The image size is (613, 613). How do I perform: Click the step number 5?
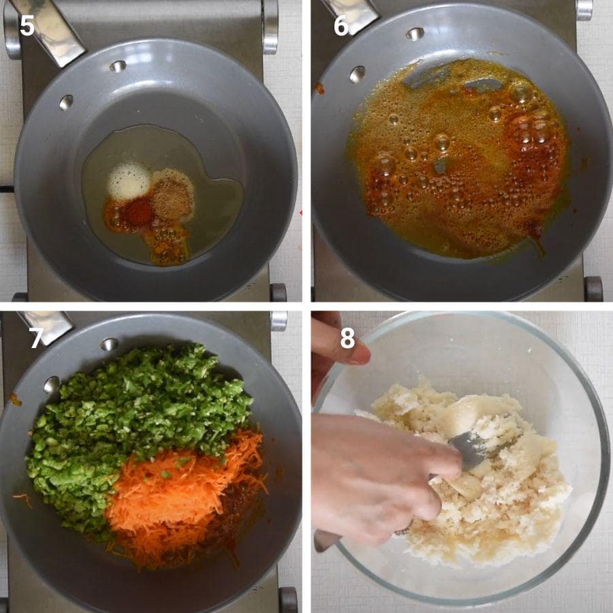(27, 26)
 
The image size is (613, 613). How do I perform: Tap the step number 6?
(341, 26)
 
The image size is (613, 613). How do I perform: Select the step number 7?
(36, 338)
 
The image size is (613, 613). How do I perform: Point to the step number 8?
(347, 338)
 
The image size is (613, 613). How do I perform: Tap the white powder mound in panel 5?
(129, 181)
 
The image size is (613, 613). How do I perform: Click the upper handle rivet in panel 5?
(118, 66)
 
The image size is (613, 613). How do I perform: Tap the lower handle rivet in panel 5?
(66, 102)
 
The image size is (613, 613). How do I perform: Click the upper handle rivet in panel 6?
(415, 33)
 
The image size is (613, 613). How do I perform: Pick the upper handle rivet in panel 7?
(110, 345)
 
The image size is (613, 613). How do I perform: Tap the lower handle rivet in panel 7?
(52, 385)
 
